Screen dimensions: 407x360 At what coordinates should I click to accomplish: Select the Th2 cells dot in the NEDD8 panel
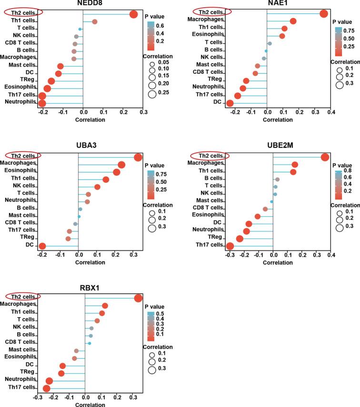coord(134,14)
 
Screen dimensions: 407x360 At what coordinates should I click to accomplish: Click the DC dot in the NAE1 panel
coord(230,103)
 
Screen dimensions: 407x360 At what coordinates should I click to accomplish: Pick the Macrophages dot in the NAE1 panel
coord(293,21)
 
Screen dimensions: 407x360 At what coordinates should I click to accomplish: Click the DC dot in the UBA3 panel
coord(42,246)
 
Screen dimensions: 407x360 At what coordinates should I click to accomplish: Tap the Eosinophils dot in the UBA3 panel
coord(117,172)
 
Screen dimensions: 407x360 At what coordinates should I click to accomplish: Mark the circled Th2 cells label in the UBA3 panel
coord(23,156)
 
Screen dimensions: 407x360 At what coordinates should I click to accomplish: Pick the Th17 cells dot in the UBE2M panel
coord(230,246)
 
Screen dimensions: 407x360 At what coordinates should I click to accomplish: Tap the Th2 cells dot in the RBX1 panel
coord(139,298)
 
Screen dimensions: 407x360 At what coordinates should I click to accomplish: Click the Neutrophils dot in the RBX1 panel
coord(49,381)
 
